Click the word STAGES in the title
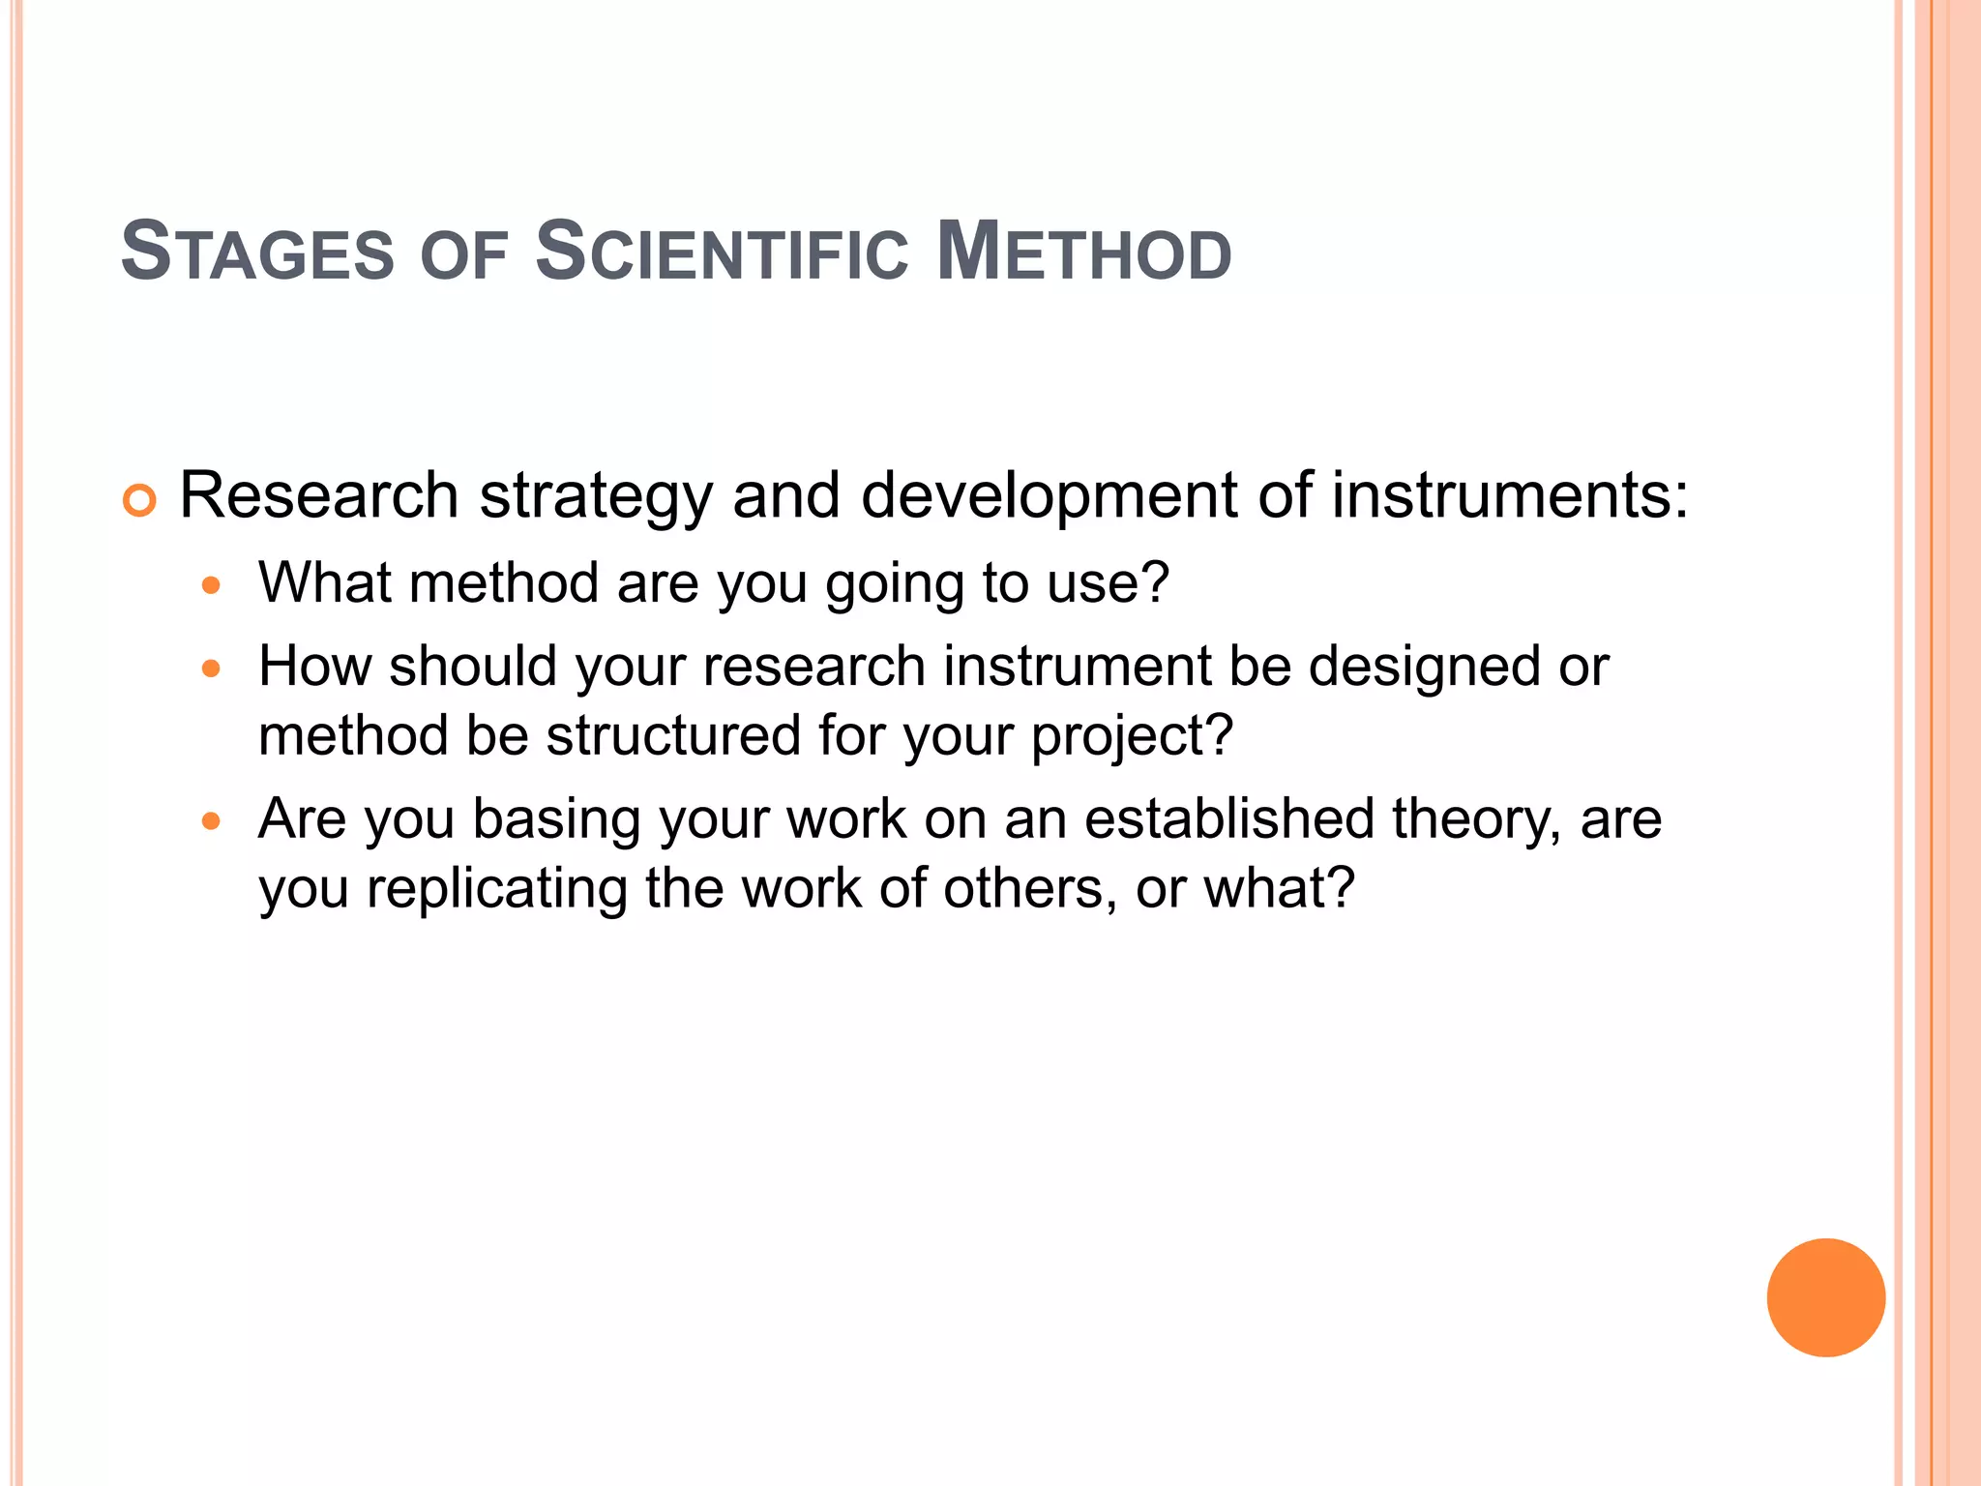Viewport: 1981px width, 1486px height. (257, 253)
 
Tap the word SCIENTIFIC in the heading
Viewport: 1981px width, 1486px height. (722, 253)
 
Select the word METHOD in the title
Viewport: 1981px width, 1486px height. (1084, 253)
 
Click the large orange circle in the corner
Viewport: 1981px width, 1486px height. (1825, 1297)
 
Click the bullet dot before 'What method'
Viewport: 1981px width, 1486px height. (211, 585)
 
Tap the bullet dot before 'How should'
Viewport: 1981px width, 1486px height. (211, 669)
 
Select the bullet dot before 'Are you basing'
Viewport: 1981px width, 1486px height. (211, 821)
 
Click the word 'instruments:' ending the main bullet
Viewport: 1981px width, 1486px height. (1510, 495)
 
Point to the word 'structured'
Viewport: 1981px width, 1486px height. (673, 735)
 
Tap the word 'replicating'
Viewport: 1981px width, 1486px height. (497, 890)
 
